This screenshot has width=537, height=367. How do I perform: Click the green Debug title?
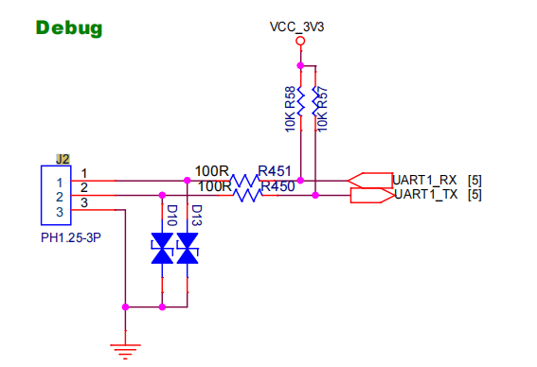69,28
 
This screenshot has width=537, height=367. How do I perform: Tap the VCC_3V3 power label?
296,26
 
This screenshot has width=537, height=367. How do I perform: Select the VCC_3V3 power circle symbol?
300,41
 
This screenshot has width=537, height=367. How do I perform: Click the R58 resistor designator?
290,97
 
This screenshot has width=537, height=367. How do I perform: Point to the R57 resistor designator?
322,97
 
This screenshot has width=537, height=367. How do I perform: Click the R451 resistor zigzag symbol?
244,181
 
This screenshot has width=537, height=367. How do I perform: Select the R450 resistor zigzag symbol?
247,196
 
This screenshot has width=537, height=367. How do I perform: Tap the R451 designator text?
275,171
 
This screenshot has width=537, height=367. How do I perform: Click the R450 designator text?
277,186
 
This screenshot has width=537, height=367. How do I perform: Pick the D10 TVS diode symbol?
162,249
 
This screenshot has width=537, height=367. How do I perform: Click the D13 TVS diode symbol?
188,249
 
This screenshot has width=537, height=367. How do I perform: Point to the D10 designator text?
171,216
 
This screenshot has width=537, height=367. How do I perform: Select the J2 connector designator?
63,160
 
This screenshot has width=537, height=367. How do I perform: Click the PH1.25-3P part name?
71,237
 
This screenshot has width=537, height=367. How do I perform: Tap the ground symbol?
125,352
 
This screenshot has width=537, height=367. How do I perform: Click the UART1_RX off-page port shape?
370,181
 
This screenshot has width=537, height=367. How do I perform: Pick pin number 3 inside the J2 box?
60,212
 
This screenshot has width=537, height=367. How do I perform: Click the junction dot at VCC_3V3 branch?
300,65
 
